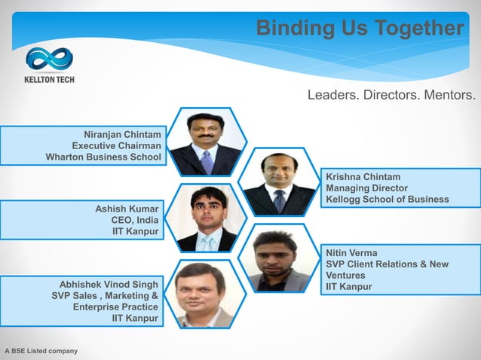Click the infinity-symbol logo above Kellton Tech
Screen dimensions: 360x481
pyautogui.click(x=49, y=59)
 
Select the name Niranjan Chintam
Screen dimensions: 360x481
pyautogui.click(x=122, y=134)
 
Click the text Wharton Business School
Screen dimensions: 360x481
pyautogui.click(x=103, y=157)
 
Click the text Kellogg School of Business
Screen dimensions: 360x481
pyautogui.click(x=387, y=199)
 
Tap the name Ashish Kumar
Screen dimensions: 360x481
pyautogui.click(x=127, y=208)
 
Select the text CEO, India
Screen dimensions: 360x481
pyautogui.click(x=135, y=219)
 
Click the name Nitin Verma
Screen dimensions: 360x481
pyautogui.click(x=351, y=252)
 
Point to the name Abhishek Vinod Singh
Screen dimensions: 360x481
pyautogui.click(x=109, y=284)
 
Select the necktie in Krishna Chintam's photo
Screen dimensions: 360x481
pyautogui.click(x=280, y=200)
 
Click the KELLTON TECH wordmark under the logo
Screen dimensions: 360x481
pyautogui.click(x=49, y=79)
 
